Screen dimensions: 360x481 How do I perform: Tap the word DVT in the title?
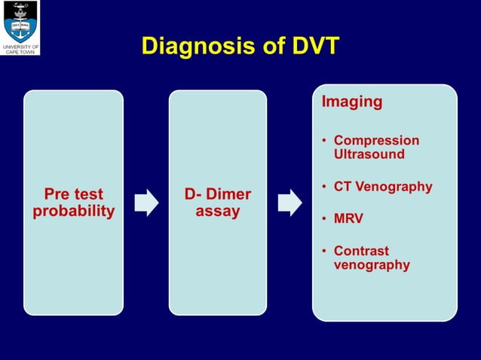click(310, 47)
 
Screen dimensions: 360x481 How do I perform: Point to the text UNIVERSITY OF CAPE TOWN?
click(20, 50)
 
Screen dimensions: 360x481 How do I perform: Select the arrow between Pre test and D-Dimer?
click(146, 202)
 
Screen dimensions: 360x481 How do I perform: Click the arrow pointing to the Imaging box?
click(290, 202)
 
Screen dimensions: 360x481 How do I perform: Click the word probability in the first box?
click(73, 211)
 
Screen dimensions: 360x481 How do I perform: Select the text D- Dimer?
click(217, 195)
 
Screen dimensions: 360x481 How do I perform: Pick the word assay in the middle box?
click(217, 211)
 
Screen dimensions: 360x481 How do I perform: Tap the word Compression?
click(376, 141)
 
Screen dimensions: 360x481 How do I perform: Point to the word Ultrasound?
click(369, 154)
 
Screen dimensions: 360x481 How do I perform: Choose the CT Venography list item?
click(383, 187)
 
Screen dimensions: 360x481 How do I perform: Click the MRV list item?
click(348, 219)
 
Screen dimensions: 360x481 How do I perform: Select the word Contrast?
click(361, 251)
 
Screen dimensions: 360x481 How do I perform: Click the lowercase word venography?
click(372, 264)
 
